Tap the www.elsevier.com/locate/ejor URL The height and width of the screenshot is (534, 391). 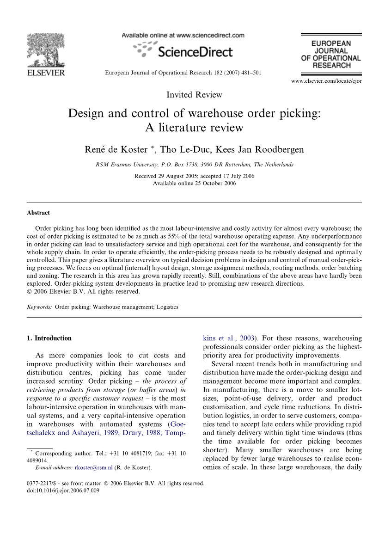(x=326, y=81)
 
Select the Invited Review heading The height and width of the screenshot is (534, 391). (x=194, y=95)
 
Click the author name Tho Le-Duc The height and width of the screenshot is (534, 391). (x=181, y=149)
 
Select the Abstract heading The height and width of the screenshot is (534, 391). (x=38, y=213)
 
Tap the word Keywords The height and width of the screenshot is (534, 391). (x=39, y=307)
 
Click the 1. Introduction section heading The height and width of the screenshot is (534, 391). (x=49, y=338)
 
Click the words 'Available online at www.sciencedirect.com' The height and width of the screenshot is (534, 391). (x=183, y=35)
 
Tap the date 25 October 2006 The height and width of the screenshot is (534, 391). (x=210, y=183)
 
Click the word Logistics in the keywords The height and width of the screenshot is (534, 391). (x=168, y=307)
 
